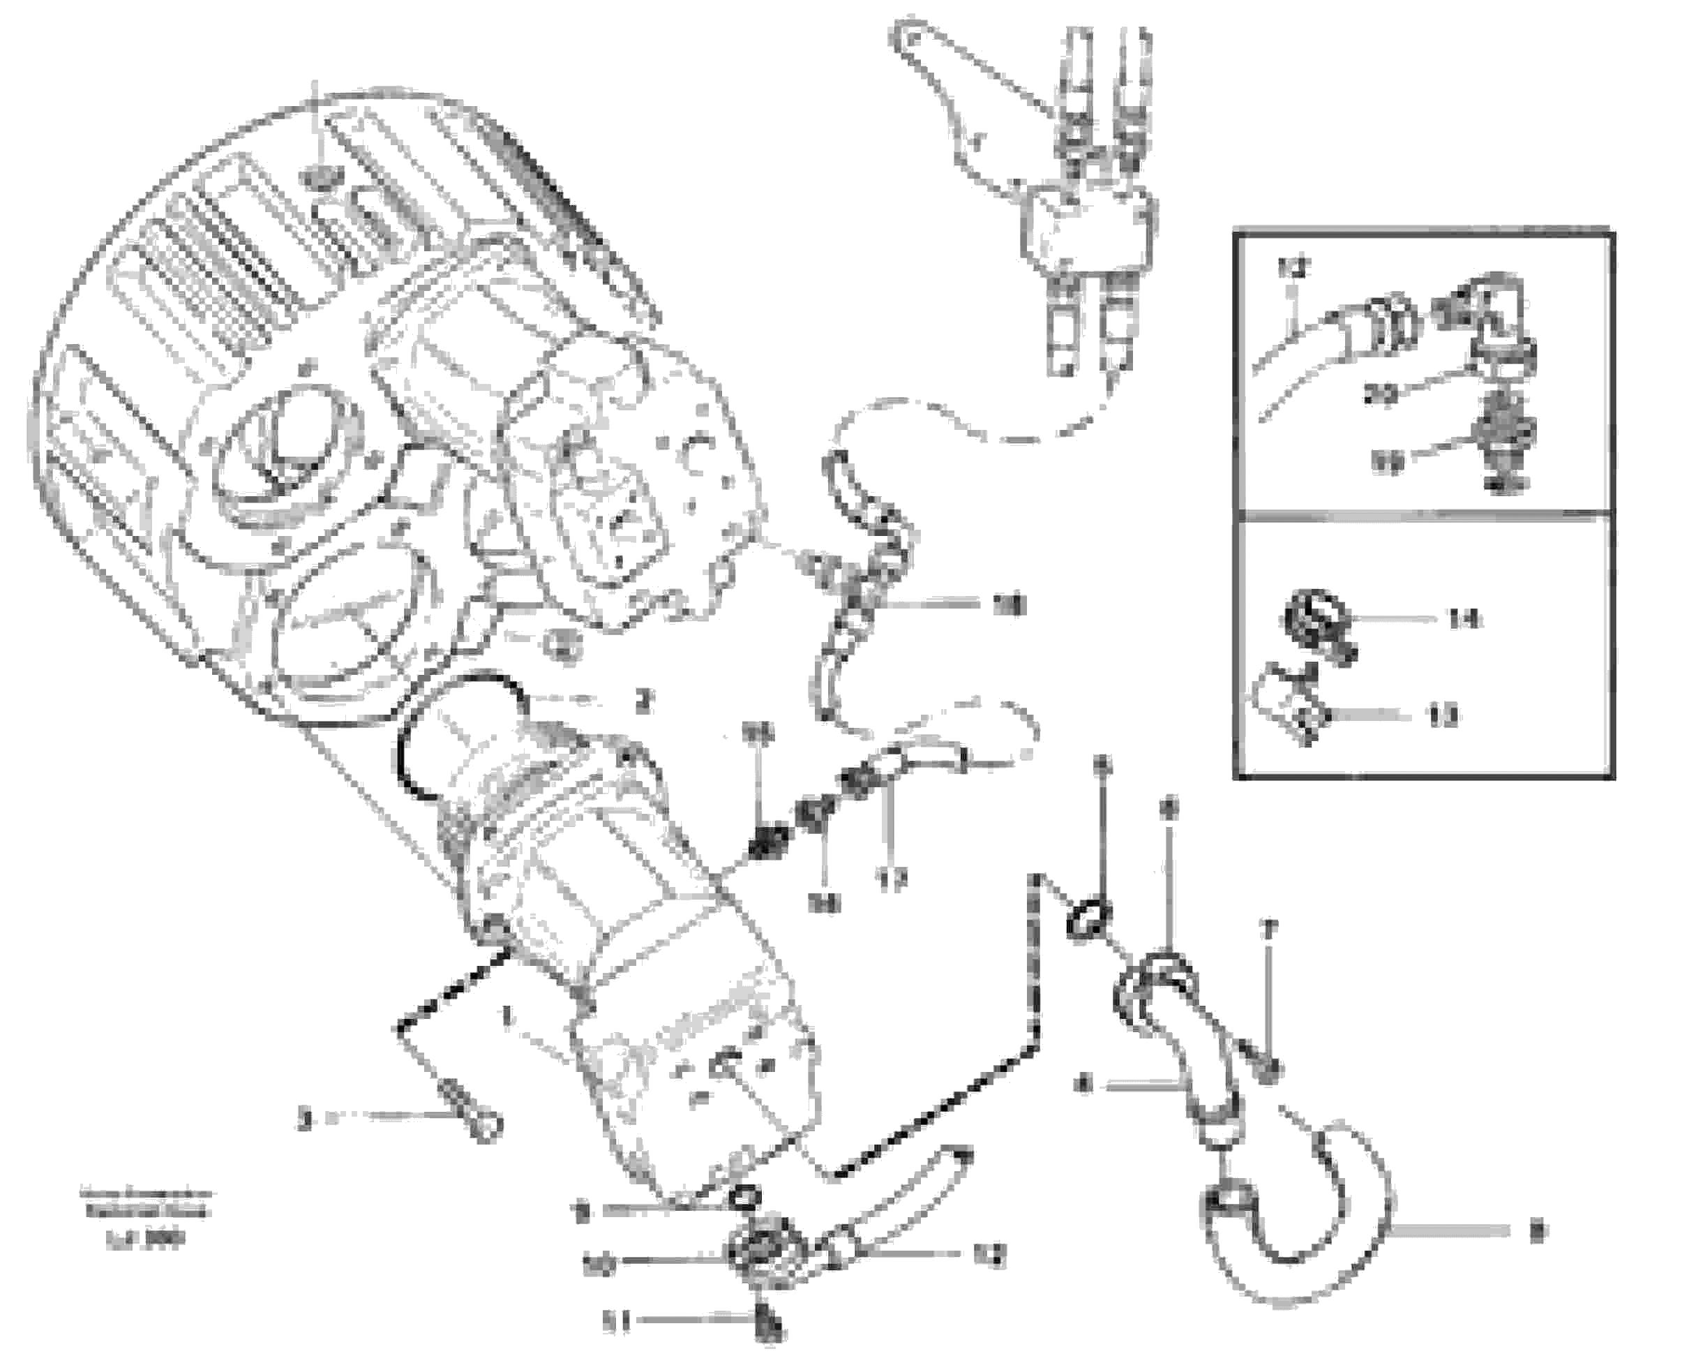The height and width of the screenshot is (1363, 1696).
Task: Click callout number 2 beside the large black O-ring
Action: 643,701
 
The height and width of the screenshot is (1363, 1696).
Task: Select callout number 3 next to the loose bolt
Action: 305,1119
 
